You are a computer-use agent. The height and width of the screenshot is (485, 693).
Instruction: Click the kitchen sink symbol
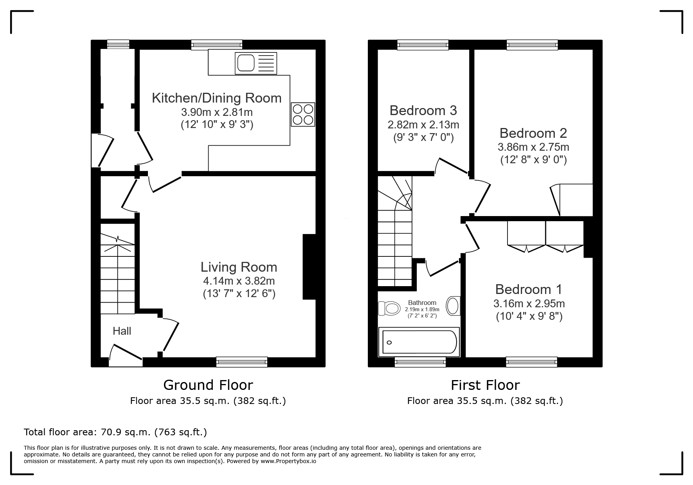pyautogui.click(x=256, y=63)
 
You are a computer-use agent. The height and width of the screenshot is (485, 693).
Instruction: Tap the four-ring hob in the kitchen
pyautogui.click(x=303, y=114)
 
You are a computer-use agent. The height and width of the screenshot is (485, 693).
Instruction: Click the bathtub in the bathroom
pyautogui.click(x=419, y=343)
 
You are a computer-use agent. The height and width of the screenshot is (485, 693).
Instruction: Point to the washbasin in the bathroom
pyautogui.click(x=454, y=306)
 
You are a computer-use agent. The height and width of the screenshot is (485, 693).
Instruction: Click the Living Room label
pyautogui.click(x=239, y=267)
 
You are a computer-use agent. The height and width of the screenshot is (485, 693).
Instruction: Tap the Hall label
pyautogui.click(x=122, y=331)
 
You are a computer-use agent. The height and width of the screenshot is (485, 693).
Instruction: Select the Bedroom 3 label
pyautogui.click(x=423, y=110)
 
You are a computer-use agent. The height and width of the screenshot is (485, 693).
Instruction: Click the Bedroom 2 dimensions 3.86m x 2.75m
pyautogui.click(x=533, y=147)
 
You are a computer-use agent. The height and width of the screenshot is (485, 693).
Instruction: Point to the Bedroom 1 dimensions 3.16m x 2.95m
pyautogui.click(x=529, y=303)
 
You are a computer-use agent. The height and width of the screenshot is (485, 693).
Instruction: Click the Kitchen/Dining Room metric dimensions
pyautogui.click(x=217, y=112)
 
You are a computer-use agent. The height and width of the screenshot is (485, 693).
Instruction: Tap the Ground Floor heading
pyautogui.click(x=208, y=385)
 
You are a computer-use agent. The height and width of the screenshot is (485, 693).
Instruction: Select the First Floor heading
pyautogui.click(x=485, y=385)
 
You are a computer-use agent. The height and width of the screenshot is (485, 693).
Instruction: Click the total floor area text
pyautogui.click(x=115, y=432)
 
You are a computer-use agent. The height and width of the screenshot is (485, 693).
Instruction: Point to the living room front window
pyautogui.click(x=242, y=362)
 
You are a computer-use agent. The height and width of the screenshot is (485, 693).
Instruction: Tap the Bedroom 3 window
pyautogui.click(x=423, y=45)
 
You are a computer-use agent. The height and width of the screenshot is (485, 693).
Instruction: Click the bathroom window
pyautogui.click(x=420, y=362)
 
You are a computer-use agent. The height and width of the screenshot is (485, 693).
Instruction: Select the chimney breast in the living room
pyautogui.click(x=309, y=267)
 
